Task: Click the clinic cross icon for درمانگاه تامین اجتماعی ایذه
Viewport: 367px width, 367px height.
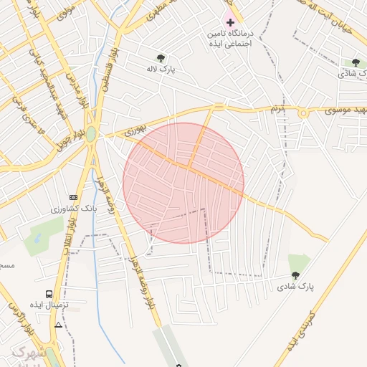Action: (x=229, y=23)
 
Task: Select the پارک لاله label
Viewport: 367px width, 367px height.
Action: (x=163, y=70)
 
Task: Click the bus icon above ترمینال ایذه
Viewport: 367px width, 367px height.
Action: (x=49, y=294)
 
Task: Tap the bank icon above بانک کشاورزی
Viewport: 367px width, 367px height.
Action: (x=72, y=197)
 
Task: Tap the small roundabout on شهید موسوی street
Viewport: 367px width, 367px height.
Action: (x=304, y=113)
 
